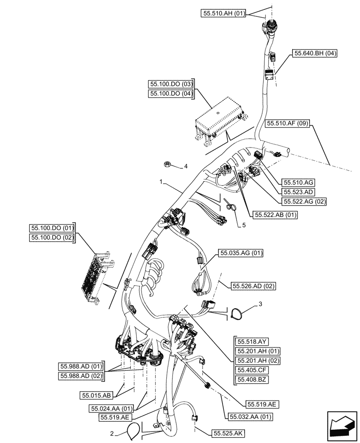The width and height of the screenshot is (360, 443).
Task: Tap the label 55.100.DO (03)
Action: tap(171, 84)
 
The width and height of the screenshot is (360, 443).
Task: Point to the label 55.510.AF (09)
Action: tap(288, 124)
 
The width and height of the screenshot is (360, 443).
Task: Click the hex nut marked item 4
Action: tap(168, 164)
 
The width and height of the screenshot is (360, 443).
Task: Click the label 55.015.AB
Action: tap(96, 394)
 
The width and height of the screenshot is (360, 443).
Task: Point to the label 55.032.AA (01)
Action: tap(250, 416)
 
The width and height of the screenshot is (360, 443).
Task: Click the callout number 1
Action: tap(162, 181)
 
